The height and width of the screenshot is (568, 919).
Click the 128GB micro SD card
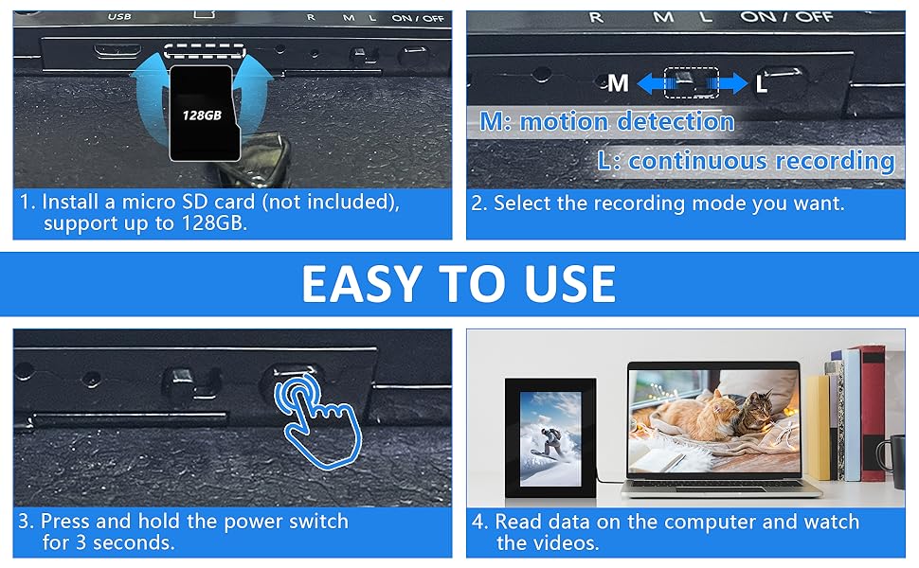[x=205, y=113]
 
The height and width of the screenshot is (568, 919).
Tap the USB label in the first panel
[x=119, y=16]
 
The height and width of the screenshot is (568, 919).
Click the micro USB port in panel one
[x=117, y=50]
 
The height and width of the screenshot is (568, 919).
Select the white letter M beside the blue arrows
[x=618, y=83]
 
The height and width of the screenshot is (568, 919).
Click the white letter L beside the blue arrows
[x=762, y=84]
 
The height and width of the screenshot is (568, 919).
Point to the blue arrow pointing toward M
[x=651, y=83]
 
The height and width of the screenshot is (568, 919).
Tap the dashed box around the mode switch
[x=692, y=82]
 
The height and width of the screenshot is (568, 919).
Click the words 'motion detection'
[x=627, y=122]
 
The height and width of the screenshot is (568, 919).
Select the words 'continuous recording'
[x=762, y=160]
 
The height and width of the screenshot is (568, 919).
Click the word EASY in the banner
[x=362, y=284]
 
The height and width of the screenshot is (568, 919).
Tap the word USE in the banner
[x=569, y=284]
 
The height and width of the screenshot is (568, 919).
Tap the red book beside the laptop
[x=874, y=413]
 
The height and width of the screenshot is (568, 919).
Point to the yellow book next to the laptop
[x=819, y=427]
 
